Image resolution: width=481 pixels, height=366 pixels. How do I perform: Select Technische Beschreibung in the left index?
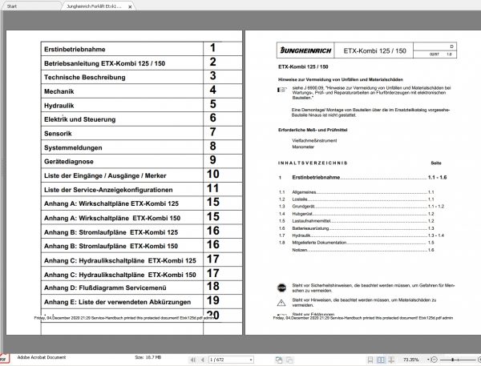point(84,76)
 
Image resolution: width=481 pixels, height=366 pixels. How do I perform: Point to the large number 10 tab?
point(212,174)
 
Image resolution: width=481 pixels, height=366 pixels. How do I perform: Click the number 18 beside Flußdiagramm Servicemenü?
point(212,286)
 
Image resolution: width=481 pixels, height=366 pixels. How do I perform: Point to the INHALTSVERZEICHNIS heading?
point(313,162)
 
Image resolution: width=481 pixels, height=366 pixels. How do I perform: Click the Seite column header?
point(436,162)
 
